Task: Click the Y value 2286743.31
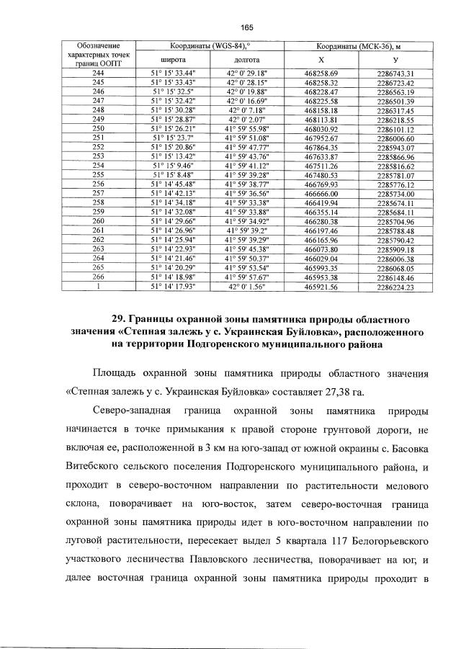pyautogui.click(x=395, y=73)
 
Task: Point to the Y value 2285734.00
pyautogui.click(x=395, y=193)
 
